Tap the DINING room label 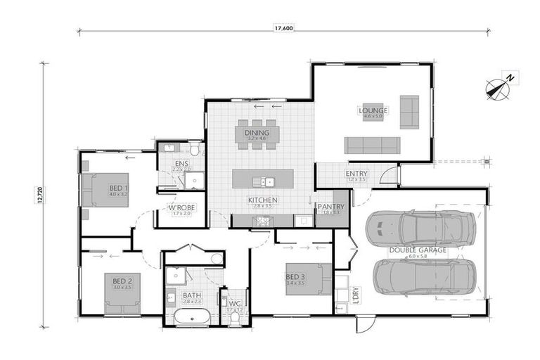pos(252,132)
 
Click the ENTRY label pos(356,174)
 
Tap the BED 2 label pos(122,281)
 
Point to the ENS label pos(181,163)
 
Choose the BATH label pos(191,295)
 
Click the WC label pos(235,304)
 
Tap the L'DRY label pos(355,294)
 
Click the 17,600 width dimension pos(283,29)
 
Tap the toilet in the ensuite pos(194,149)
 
